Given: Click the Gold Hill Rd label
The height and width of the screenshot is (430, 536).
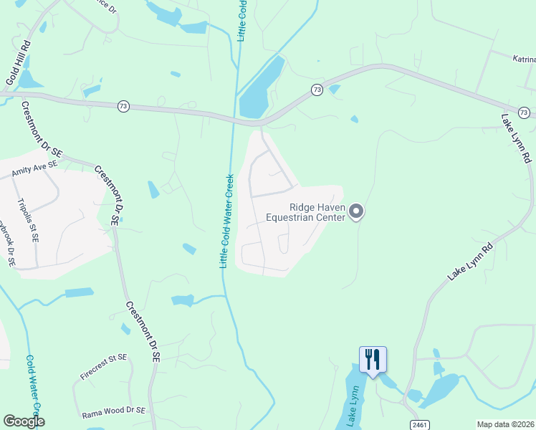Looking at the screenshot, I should pyautogui.click(x=16, y=63).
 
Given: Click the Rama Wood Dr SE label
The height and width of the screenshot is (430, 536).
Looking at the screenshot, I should pyautogui.click(x=114, y=411).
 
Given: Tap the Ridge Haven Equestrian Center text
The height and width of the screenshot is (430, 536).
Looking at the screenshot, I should pyautogui.click(x=306, y=212).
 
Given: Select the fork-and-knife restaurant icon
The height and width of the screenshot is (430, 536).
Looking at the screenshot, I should pyautogui.click(x=373, y=359).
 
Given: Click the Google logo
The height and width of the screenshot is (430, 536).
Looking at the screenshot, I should pyautogui.click(x=24, y=421).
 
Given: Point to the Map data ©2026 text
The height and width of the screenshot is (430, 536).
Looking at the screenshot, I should pyautogui.click(x=504, y=424).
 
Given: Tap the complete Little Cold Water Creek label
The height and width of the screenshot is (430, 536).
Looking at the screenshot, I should pyautogui.click(x=226, y=221).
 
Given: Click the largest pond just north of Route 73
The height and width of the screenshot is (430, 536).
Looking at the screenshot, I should pyautogui.click(x=262, y=87).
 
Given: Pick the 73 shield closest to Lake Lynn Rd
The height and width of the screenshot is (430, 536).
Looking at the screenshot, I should pyautogui.click(x=524, y=113).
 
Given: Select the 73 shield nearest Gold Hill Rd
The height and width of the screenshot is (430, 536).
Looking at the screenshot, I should pyautogui.click(x=123, y=106).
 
